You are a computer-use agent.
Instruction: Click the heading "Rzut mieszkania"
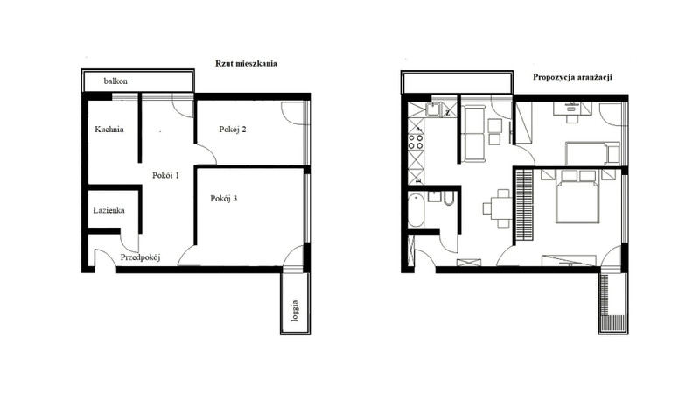(246, 63)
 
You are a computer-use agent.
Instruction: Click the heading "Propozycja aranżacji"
(572, 77)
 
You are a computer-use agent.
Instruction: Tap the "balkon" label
(115, 81)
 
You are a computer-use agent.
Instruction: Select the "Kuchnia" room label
(109, 130)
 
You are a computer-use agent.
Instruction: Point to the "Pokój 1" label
(165, 176)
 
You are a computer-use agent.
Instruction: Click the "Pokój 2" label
(233, 130)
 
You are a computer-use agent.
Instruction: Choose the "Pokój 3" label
(224, 199)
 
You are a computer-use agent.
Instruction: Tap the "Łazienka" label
(108, 210)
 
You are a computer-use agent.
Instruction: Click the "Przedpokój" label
(140, 257)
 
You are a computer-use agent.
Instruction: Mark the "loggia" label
(295, 311)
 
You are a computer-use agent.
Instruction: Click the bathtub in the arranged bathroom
(416, 210)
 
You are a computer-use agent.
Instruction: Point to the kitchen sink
(433, 109)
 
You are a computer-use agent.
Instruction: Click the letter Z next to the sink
(448, 113)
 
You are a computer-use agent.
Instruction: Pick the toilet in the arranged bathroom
(449, 199)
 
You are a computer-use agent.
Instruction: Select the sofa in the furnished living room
(474, 134)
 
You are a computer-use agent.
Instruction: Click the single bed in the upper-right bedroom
(592, 153)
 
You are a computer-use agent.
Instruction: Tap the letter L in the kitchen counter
(418, 180)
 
